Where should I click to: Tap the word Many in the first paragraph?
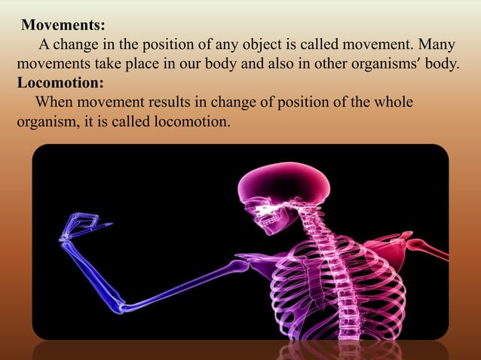[x=440, y=44]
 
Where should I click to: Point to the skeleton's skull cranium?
[x=283, y=185]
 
